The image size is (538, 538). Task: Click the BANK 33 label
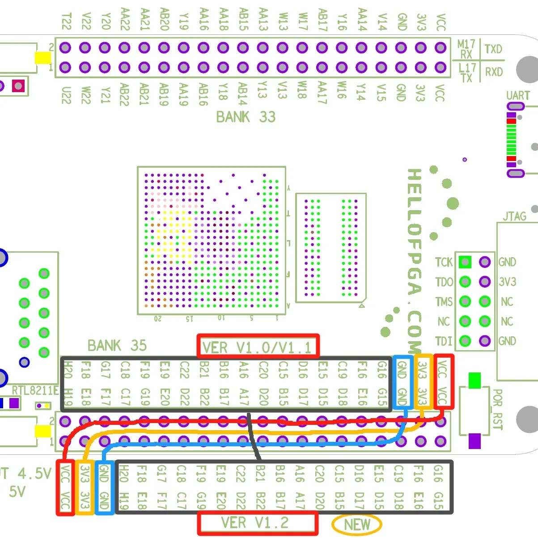point(246,117)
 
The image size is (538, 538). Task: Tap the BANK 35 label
point(117,346)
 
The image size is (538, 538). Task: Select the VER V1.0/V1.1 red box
point(258,346)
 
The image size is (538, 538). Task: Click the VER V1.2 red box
point(258,523)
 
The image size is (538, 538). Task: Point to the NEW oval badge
point(356,525)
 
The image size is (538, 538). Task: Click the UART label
point(517,96)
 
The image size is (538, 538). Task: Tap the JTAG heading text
point(514,216)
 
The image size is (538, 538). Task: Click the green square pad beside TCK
point(465,262)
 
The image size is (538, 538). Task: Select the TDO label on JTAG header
point(444,282)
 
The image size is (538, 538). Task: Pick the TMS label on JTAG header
point(444,302)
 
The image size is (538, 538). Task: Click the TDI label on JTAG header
point(444,341)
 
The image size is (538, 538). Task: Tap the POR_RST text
point(497,409)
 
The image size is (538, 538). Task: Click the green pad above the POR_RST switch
point(474,380)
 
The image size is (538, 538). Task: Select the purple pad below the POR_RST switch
point(474,441)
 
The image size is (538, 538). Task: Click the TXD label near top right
point(493,49)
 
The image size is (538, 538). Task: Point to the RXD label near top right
point(494,72)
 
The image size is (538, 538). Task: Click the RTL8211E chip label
point(35,390)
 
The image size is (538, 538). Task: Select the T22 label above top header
point(66,21)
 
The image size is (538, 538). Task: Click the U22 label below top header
point(66,95)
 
